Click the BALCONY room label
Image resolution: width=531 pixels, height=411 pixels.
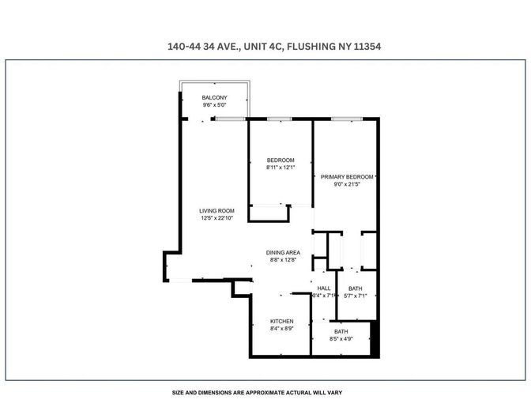click(214, 97)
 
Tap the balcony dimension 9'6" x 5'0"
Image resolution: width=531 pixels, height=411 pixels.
click(214, 105)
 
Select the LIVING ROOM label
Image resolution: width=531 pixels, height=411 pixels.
click(217, 211)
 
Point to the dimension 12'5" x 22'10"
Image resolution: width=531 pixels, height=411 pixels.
click(217, 218)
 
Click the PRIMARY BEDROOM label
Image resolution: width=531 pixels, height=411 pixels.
click(347, 177)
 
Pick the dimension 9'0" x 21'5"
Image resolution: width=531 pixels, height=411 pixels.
click(347, 184)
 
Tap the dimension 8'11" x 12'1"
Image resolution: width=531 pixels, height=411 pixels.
click(281, 168)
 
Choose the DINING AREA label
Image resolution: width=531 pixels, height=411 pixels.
click(283, 253)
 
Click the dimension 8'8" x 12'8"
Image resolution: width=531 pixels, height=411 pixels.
click(283, 260)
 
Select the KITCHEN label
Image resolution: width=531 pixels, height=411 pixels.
click(282, 321)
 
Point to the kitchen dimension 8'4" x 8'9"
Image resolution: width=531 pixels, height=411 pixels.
click(282, 329)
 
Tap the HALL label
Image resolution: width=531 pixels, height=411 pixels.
click(324, 288)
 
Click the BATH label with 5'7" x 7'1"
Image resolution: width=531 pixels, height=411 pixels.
click(356, 288)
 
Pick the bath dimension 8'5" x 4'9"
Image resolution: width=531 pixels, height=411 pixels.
click(341, 339)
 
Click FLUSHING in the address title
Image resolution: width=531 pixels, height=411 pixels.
click(311, 47)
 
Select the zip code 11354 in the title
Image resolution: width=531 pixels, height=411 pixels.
click(367, 47)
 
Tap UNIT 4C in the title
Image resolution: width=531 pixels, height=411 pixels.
click(263, 47)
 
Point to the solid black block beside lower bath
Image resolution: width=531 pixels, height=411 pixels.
click(375, 338)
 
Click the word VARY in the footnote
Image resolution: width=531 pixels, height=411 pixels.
click(335, 393)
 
